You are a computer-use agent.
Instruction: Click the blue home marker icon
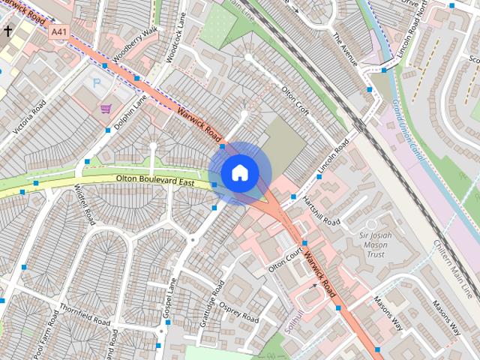coord(238,172)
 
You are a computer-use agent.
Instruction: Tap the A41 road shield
coord(58,32)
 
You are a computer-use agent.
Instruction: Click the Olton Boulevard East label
coord(154,180)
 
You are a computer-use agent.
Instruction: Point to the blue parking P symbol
coord(95,81)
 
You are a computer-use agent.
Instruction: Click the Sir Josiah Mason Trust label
coord(373,244)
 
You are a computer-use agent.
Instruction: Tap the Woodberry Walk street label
coord(136,46)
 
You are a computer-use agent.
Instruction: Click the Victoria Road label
coord(29,115)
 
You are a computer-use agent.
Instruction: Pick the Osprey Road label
coord(241,310)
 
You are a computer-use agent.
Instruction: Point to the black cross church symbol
coord(8,31)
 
